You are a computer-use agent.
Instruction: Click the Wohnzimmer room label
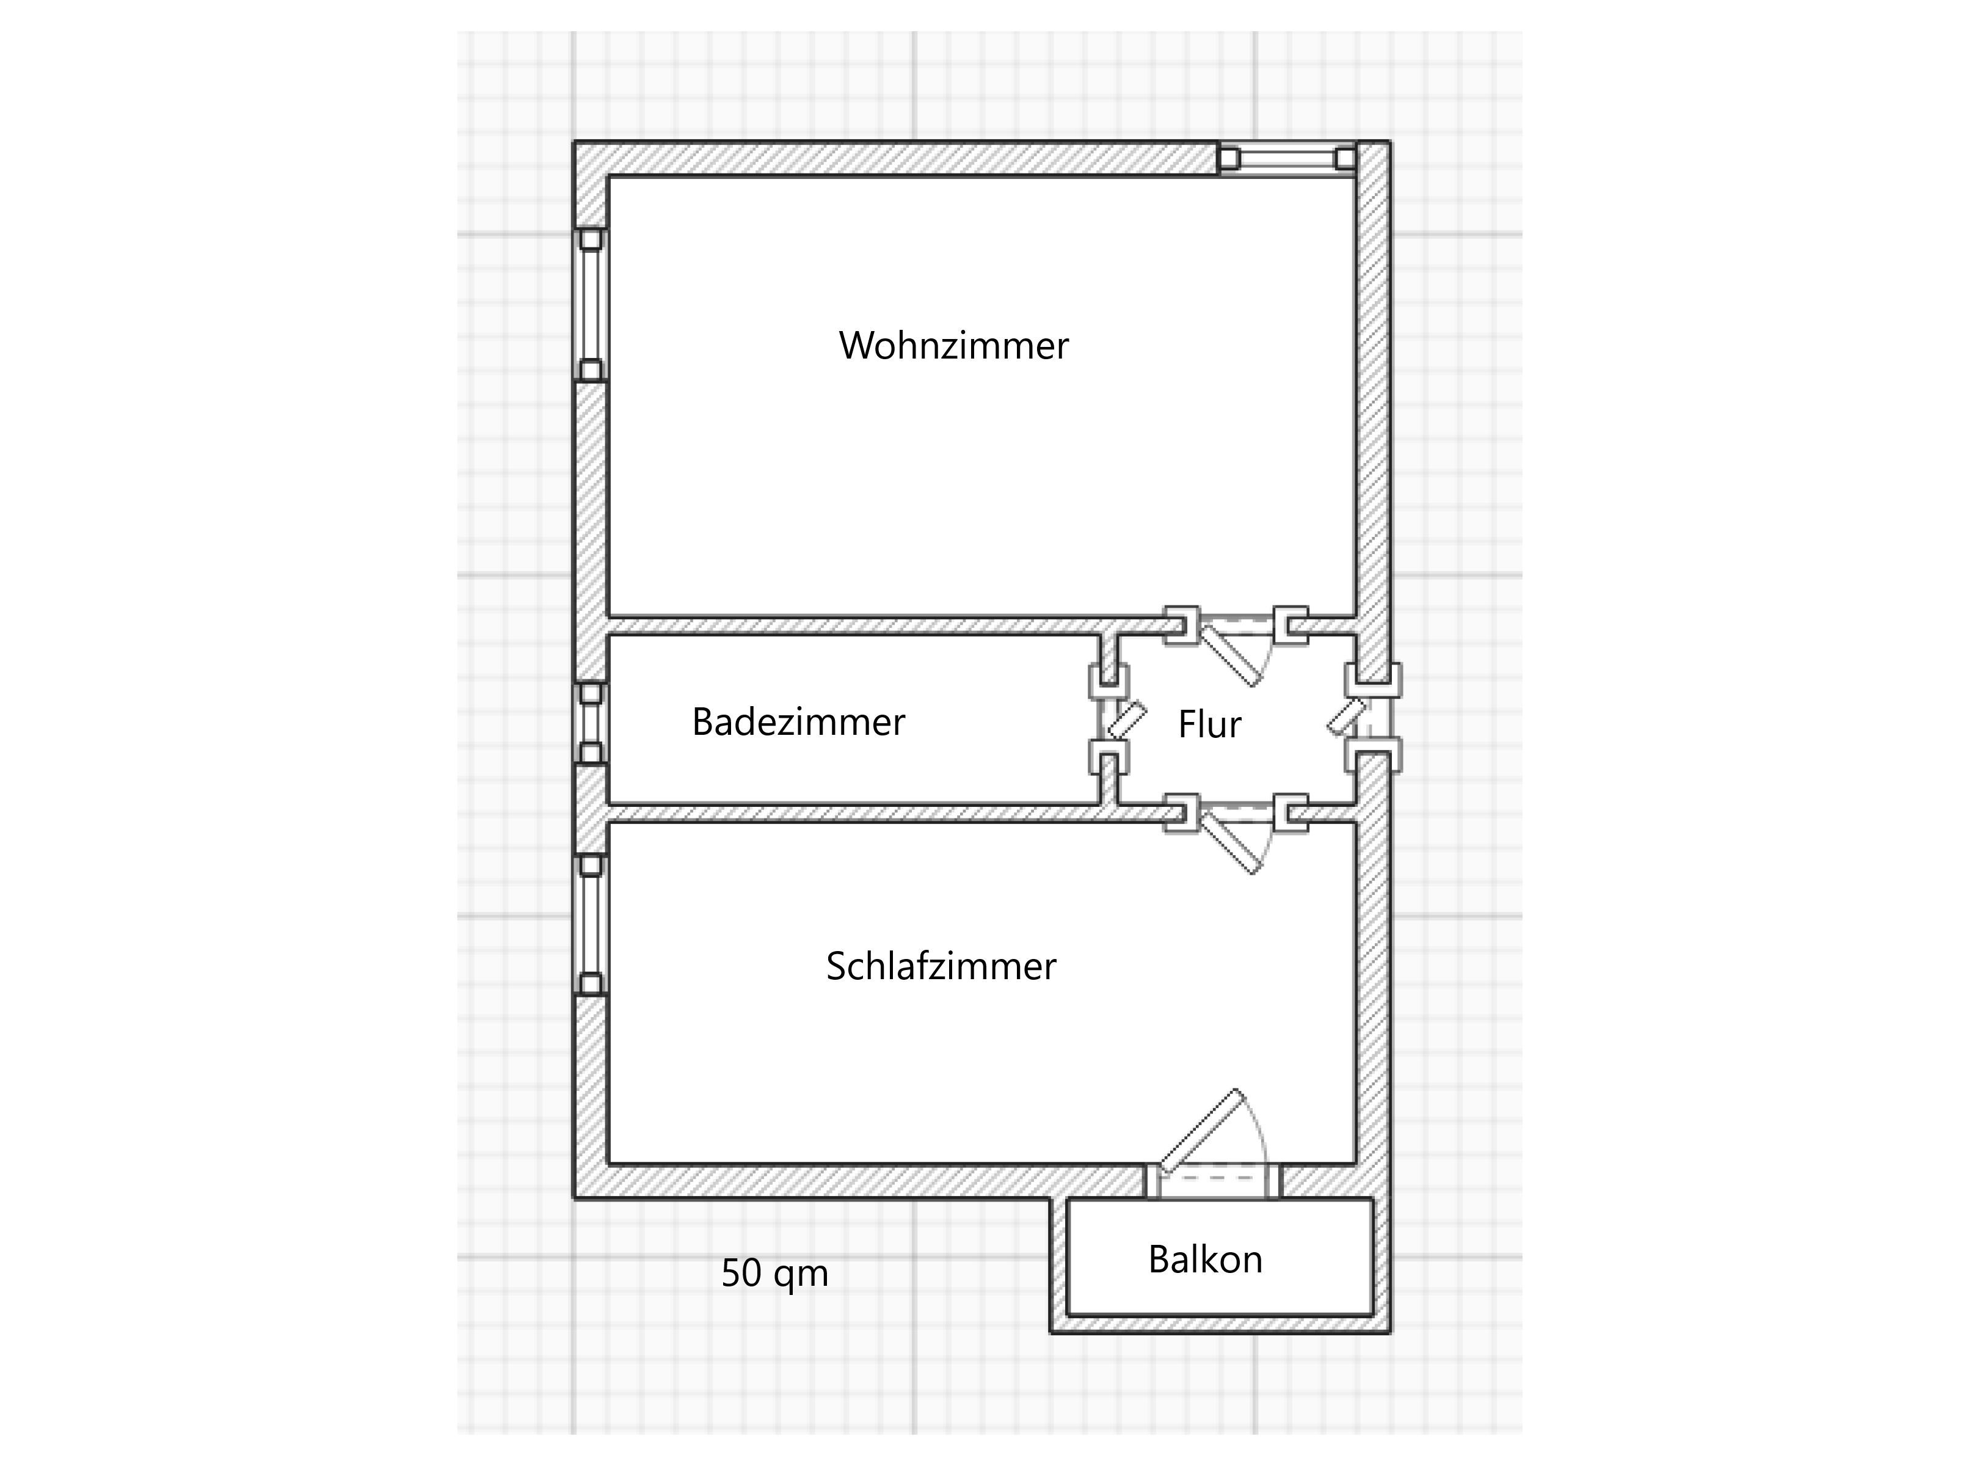tap(954, 345)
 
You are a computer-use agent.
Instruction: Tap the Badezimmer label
tap(799, 721)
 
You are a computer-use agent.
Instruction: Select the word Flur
tap(1209, 724)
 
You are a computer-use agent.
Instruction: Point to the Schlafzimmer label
tap(941, 966)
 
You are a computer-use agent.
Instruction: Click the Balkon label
tap(1205, 1260)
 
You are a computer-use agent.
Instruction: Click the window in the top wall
tap(1287, 159)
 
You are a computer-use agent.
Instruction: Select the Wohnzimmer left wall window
tap(591, 305)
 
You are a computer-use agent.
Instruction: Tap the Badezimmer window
tap(591, 723)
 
